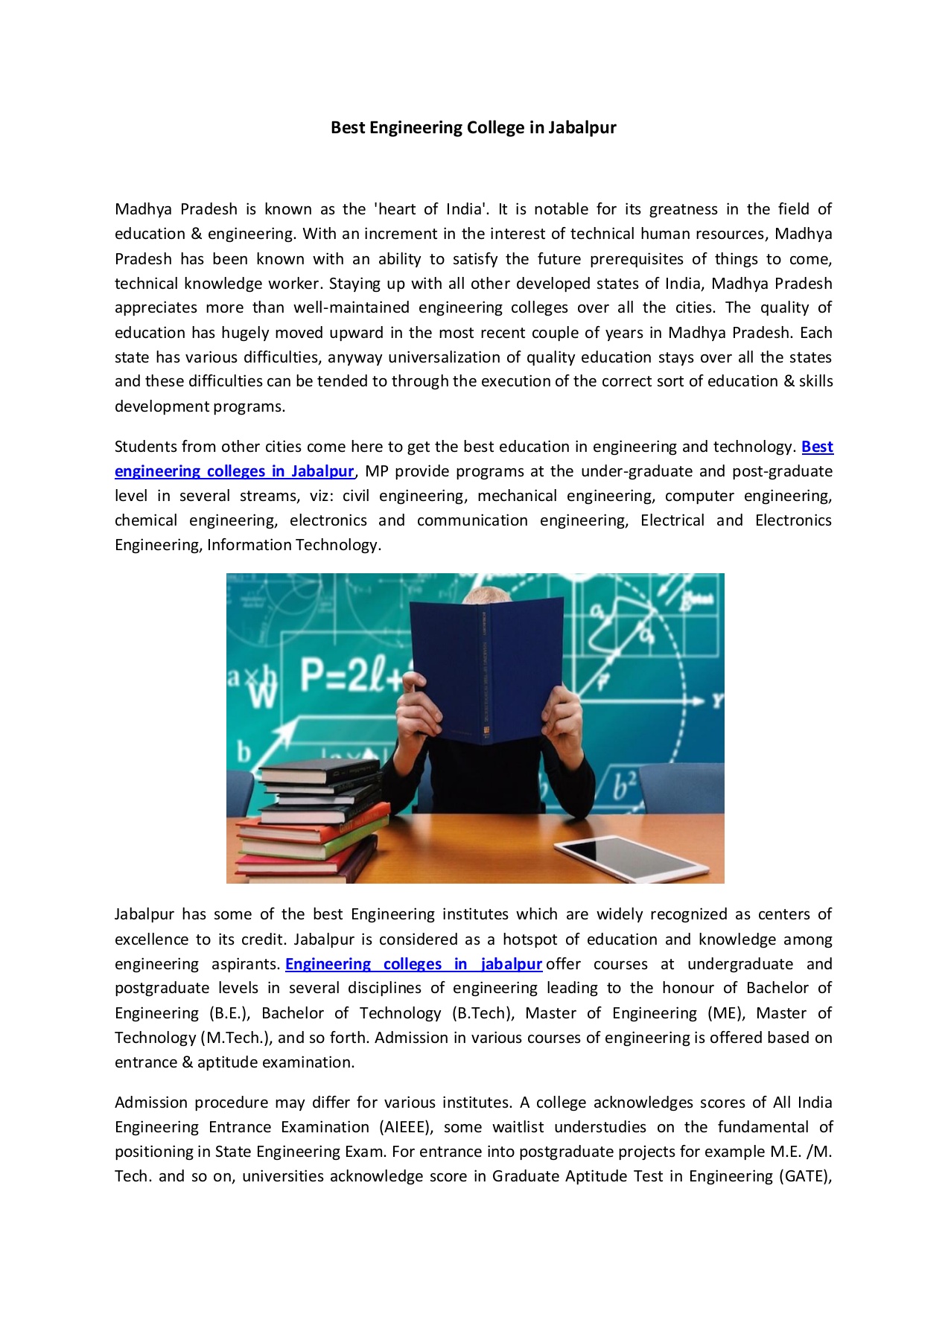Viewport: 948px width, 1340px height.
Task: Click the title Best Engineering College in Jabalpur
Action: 473,127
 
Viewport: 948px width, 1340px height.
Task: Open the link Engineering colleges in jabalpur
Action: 413,964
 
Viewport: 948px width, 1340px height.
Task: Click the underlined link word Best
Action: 817,447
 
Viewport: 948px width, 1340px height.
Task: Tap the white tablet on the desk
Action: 632,858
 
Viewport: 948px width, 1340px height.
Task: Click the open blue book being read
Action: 488,670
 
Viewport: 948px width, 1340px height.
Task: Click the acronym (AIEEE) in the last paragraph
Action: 407,1127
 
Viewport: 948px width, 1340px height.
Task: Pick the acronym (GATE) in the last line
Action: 804,1176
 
